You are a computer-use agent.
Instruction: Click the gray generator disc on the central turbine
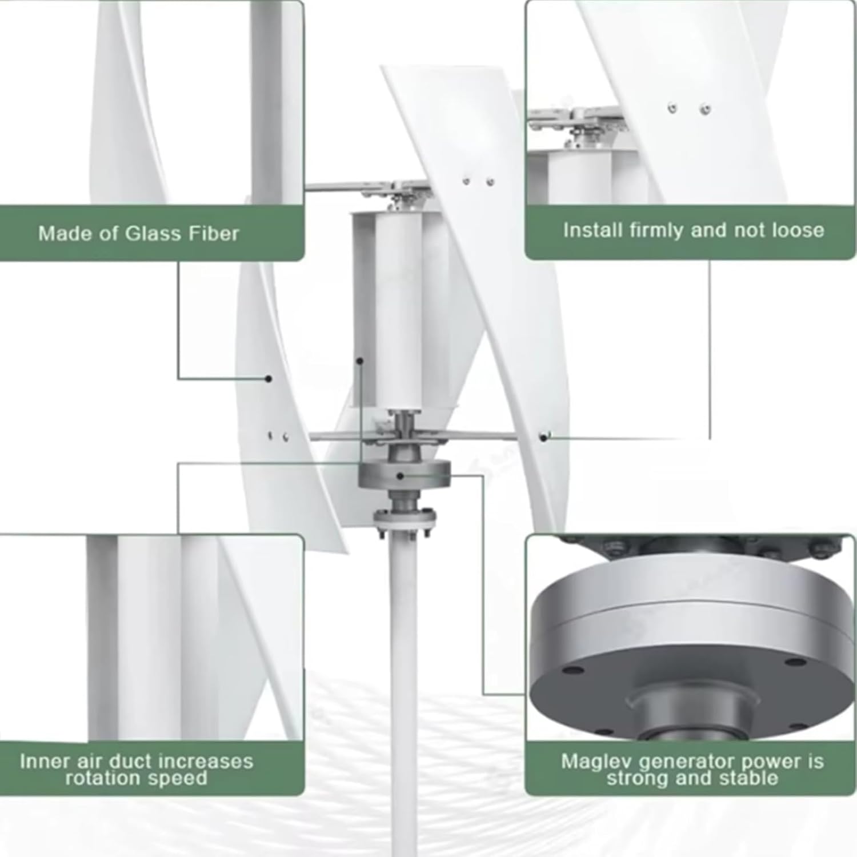[x=423, y=474]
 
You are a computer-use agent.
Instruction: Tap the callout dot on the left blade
[x=269, y=378]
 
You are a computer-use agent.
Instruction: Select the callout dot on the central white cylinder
[x=360, y=361]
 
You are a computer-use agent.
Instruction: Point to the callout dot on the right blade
[x=543, y=438]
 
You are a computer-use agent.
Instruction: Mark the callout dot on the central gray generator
[x=401, y=475]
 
